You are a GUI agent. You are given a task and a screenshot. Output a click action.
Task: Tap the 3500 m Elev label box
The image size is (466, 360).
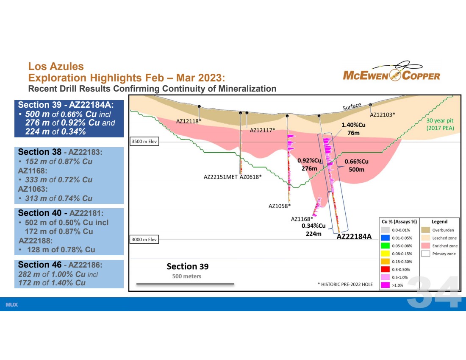click(x=144, y=141)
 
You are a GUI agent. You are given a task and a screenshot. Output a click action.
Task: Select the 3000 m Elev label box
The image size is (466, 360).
click(x=144, y=240)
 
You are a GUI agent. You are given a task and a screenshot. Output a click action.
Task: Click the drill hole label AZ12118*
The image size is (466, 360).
click(x=189, y=121)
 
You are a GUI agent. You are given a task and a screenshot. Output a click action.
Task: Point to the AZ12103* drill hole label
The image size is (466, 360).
click(x=383, y=115)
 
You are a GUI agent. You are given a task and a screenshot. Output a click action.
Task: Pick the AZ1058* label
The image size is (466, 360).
click(x=280, y=206)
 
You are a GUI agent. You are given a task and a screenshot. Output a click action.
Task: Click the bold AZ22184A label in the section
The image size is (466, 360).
click(x=354, y=237)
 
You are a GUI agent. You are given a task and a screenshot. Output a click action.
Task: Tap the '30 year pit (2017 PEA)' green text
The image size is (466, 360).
click(x=440, y=124)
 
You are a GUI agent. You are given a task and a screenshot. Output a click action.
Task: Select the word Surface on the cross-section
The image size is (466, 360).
click(x=352, y=106)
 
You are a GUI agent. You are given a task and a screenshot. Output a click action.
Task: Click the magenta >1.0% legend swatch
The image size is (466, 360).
click(x=386, y=285)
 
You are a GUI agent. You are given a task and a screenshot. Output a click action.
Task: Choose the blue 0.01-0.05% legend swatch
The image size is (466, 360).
click(x=386, y=238)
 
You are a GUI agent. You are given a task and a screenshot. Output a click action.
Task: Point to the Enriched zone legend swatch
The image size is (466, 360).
click(x=426, y=246)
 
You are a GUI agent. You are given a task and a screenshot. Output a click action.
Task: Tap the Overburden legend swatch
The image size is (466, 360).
click(x=426, y=230)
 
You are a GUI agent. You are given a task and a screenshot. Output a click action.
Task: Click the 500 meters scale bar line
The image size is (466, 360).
click(x=185, y=284)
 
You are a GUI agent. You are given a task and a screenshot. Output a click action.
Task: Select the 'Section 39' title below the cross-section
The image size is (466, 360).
click(x=188, y=266)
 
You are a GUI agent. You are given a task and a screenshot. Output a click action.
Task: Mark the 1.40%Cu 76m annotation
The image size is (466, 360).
click(x=353, y=129)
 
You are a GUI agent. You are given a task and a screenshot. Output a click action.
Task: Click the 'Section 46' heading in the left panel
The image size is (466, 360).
click(x=40, y=265)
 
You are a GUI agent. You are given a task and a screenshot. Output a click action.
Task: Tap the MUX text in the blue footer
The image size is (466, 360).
click(x=11, y=304)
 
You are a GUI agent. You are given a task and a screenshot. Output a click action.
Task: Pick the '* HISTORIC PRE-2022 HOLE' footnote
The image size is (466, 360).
click(x=345, y=285)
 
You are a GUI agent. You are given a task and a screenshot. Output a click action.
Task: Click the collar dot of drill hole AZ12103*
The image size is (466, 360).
click(x=371, y=105)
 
